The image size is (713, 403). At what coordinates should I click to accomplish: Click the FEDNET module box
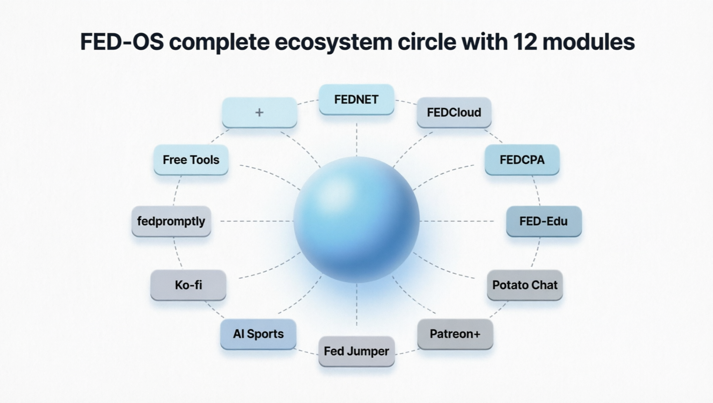356,99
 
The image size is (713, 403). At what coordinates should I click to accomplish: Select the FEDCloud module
454,112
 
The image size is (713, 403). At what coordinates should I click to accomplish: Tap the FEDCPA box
522,159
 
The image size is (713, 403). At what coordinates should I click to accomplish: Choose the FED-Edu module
544,221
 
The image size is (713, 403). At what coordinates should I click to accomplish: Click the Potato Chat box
525,285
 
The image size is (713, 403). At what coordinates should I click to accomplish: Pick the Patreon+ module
455,334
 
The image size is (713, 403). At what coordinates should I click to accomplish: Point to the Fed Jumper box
356,351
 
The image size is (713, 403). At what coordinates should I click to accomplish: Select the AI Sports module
258,334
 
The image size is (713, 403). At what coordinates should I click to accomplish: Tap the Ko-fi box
188,285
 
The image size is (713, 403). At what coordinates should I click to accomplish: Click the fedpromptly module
171,221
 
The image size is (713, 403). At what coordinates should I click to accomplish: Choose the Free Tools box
191,159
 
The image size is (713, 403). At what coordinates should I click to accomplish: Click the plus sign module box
259,112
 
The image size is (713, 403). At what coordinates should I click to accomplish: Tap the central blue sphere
356,220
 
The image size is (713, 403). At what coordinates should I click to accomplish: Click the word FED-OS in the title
122,42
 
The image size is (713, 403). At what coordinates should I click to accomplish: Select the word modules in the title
589,42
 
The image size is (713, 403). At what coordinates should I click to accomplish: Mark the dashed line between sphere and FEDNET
356,139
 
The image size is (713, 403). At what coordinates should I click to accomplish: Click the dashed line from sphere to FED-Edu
457,221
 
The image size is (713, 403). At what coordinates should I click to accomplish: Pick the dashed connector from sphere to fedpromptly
257,221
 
